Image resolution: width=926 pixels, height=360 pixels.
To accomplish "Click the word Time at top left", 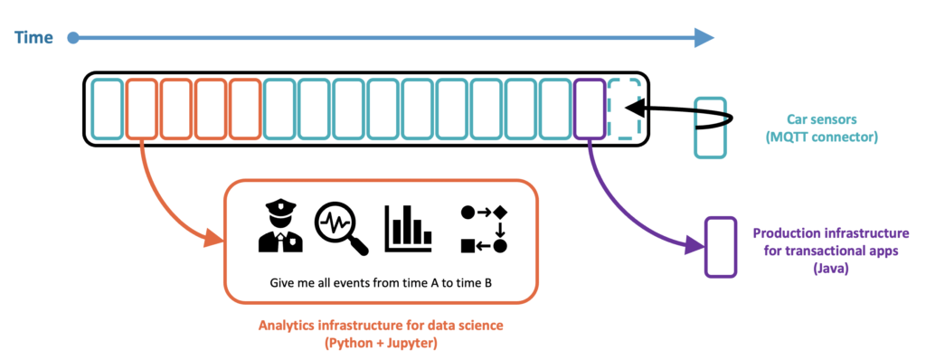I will [34, 37].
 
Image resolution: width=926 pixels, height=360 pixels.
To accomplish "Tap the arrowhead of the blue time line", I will [703, 37].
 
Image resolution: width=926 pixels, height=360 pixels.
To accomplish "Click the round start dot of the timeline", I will [74, 38].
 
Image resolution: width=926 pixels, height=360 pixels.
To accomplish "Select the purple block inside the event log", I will [588, 109].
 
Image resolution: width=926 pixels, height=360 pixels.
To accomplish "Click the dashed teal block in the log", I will [624, 109].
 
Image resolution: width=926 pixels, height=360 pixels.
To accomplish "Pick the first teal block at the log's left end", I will [107, 109].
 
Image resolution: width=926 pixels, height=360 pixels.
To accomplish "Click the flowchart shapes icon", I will [484, 228].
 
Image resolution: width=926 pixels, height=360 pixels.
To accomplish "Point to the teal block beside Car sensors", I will [708, 127].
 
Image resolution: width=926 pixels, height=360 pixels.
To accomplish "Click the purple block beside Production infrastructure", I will [720, 246].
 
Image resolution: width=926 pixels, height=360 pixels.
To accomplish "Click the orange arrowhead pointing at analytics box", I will [214, 239].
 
